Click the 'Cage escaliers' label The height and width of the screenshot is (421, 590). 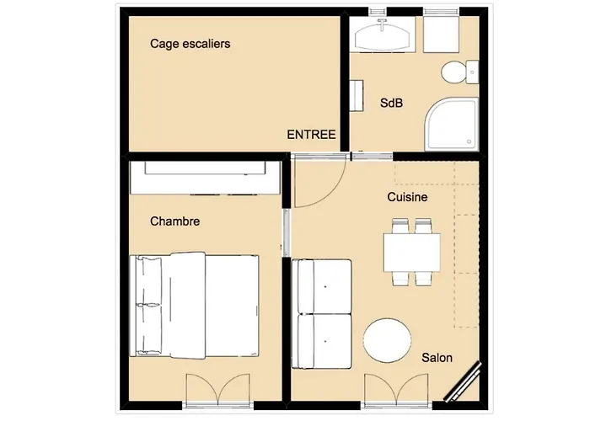[x=190, y=43]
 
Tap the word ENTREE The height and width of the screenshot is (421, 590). [x=311, y=135]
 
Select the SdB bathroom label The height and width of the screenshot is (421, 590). [x=392, y=104]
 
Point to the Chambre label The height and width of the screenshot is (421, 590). [x=174, y=221]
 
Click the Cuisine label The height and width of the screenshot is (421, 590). [x=407, y=197]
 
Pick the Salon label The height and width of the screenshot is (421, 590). [x=437, y=358]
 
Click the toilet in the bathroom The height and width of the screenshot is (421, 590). [x=455, y=72]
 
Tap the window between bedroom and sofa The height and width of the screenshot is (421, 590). [x=287, y=232]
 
